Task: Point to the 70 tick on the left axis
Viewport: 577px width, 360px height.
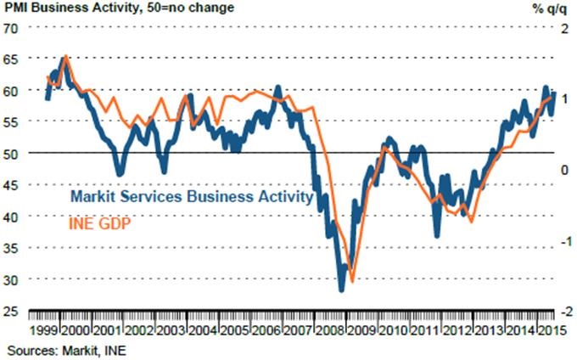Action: pyautogui.click(x=11, y=27)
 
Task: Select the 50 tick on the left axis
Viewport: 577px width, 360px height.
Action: pyautogui.click(x=11, y=154)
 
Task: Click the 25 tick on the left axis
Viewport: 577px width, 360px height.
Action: pyautogui.click(x=11, y=312)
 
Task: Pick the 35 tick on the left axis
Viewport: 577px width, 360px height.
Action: pyautogui.click(x=11, y=248)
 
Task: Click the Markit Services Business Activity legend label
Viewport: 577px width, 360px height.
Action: pyautogui.click(x=192, y=197)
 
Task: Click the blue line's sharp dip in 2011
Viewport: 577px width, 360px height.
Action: pyautogui.click(x=437, y=235)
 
